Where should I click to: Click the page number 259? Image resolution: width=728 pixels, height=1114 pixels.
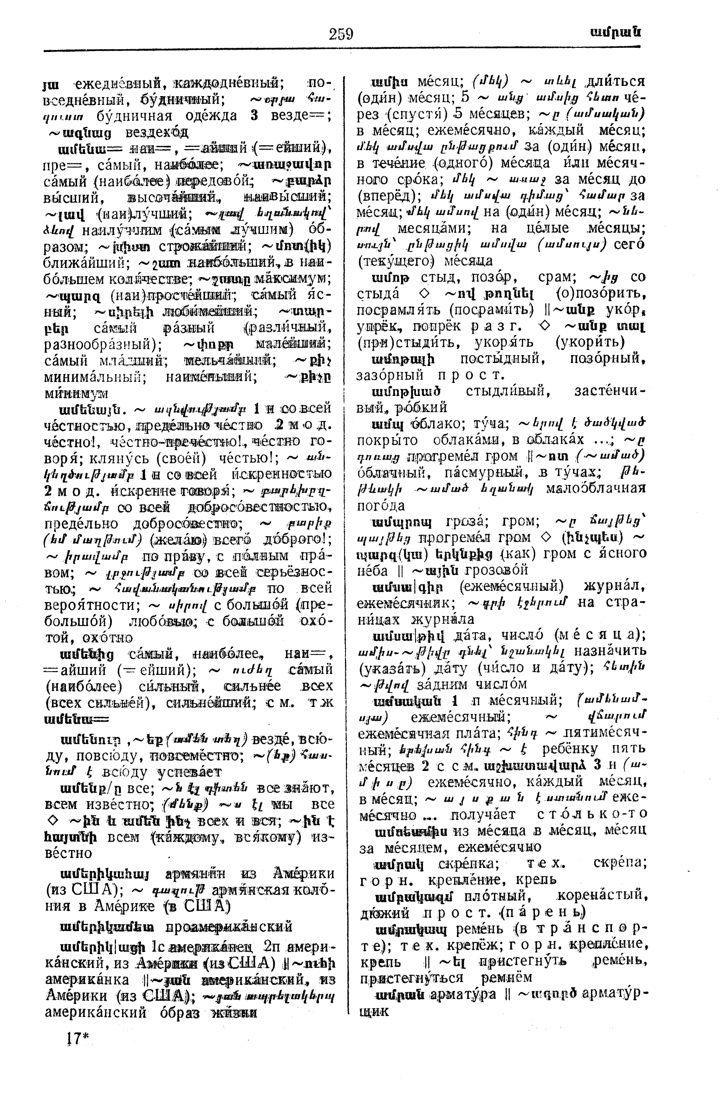[x=341, y=34]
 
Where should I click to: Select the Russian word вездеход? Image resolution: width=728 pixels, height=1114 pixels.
[x=157, y=132]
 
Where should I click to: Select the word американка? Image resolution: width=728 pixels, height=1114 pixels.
[x=87, y=980]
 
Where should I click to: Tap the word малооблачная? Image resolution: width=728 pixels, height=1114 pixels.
[x=596, y=488]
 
